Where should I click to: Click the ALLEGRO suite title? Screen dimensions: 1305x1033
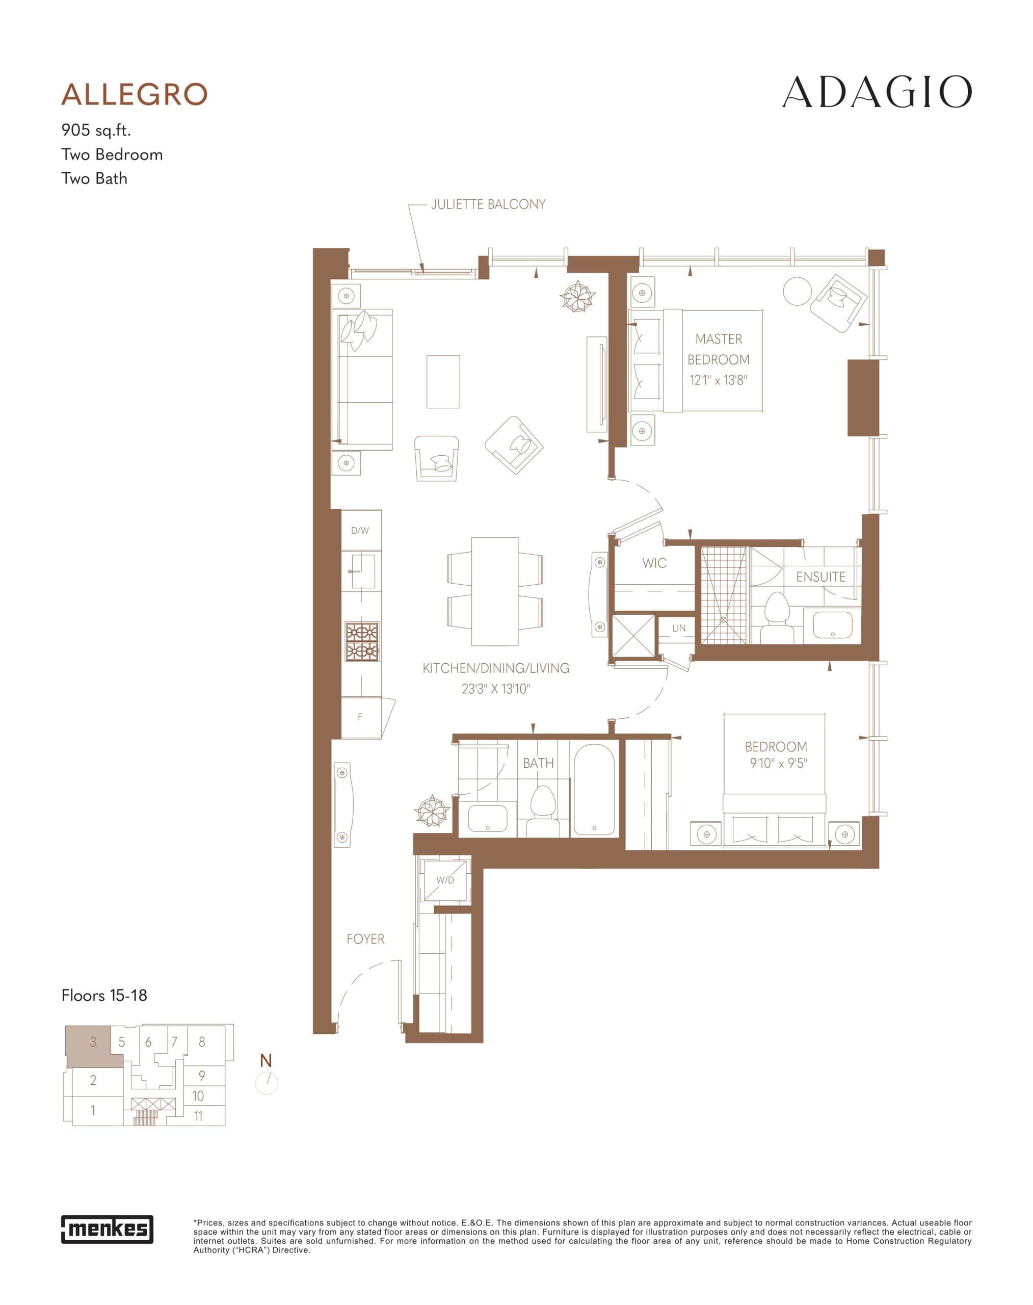134,94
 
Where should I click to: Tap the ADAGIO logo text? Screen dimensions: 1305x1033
877,93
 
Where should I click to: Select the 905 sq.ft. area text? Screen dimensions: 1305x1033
96,130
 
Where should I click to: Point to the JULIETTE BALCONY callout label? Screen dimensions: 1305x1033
488,204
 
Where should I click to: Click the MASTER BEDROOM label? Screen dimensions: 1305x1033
719,349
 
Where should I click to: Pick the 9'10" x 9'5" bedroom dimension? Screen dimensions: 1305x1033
778,764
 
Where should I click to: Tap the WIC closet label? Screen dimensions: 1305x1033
654,563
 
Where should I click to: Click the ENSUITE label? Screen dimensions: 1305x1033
820,577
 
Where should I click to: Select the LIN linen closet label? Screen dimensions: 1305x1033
679,629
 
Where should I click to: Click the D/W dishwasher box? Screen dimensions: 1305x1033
360,531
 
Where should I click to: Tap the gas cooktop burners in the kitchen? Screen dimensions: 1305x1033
362,642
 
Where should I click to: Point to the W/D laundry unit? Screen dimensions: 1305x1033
445,880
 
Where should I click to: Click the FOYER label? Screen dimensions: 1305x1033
365,939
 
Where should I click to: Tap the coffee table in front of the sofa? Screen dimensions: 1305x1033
443,382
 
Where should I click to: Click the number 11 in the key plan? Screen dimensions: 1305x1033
198,1116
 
